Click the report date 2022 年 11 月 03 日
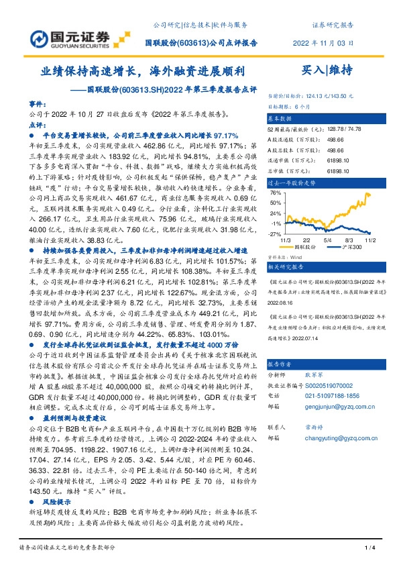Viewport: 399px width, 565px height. (x=324, y=42)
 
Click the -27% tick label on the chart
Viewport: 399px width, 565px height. (x=276, y=234)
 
